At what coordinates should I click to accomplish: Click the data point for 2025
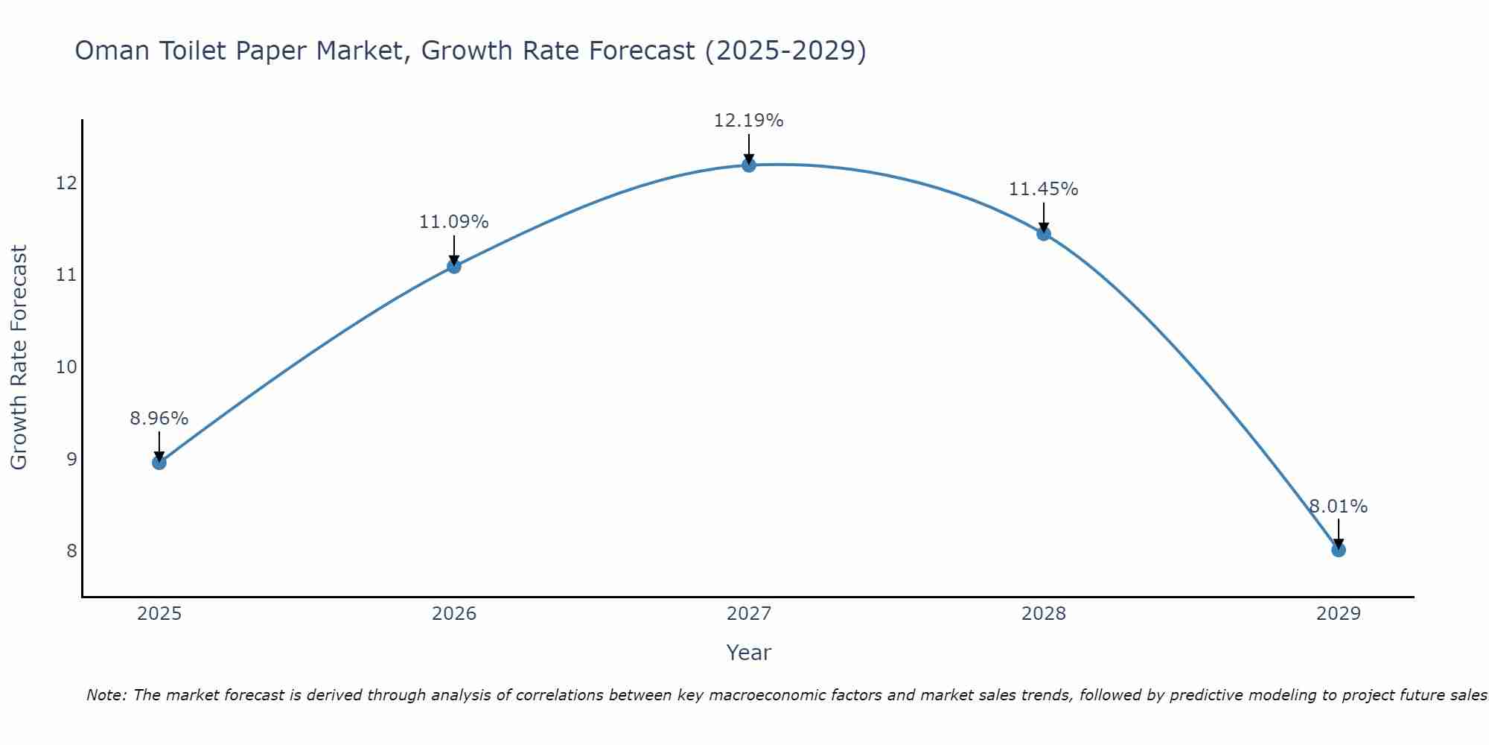159,463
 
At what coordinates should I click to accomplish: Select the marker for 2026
454,266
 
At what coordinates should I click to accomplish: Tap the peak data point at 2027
749,165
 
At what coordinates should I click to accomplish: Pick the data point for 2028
1044,233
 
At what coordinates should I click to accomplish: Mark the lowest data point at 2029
1339,550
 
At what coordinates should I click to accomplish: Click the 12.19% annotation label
748,121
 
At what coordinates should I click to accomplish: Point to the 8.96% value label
159,419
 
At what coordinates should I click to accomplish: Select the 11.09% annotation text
453,222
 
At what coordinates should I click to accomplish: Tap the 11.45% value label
1043,189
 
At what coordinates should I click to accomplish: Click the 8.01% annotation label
1338,507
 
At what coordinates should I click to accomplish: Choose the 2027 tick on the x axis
749,614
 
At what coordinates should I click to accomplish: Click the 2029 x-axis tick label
1339,614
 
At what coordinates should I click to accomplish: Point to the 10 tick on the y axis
67,367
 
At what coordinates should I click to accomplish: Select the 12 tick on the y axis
67,183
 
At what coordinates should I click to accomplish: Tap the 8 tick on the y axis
71,551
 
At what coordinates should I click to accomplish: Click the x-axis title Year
748,653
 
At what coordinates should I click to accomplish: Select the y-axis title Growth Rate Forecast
19,357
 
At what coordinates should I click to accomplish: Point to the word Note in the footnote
106,695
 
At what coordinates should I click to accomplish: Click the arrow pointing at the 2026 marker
454,250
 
